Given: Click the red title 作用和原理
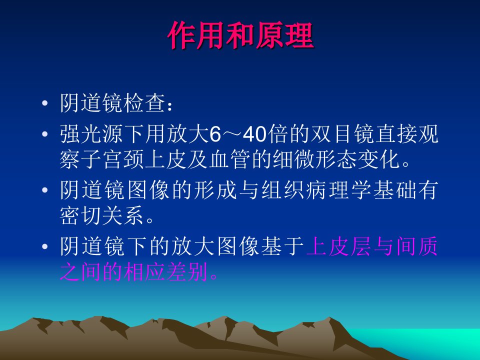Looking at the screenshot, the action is tap(241, 35).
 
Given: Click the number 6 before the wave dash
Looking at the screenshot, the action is tap(215, 134).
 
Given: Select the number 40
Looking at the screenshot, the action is tap(254, 134).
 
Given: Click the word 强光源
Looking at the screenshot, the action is tap(91, 134).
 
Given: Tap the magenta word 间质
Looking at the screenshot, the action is tap(416, 246).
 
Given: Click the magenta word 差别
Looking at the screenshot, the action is tap(187, 272).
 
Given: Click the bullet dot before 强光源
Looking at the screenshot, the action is tap(45, 134).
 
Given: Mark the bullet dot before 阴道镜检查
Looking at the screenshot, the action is tap(45, 103).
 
